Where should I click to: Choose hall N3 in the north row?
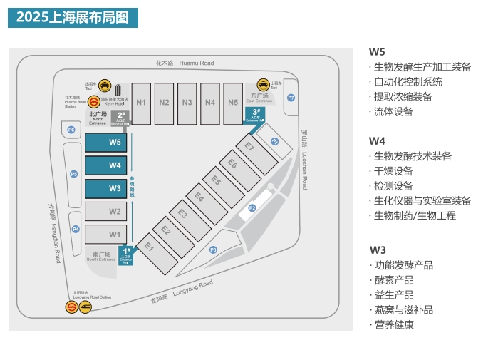(x=187, y=103)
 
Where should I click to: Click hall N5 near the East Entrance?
(x=233, y=103)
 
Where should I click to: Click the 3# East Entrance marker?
(x=256, y=115)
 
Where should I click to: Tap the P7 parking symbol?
(x=291, y=98)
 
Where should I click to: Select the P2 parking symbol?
(x=251, y=207)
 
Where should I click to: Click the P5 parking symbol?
(x=73, y=174)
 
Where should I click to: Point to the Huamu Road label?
(x=185, y=63)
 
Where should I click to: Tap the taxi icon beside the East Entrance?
(x=264, y=84)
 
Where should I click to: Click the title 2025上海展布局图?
(x=73, y=18)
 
